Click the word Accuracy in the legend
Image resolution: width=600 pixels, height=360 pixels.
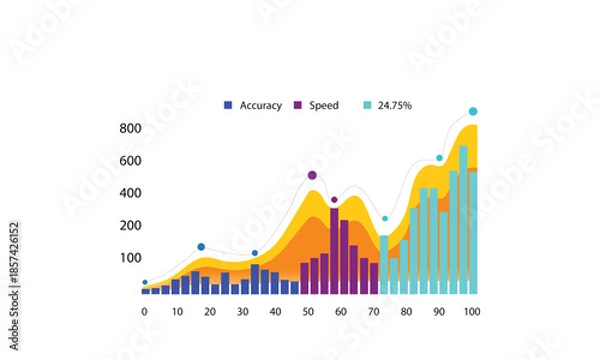(x=260, y=104)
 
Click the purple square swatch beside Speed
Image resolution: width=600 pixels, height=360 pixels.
(x=297, y=104)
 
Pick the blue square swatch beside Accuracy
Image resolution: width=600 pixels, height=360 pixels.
(x=228, y=104)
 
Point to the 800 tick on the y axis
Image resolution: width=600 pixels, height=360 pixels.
(x=130, y=128)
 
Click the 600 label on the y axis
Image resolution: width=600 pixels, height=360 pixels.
(x=130, y=160)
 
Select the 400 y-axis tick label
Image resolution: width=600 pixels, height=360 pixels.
(x=130, y=193)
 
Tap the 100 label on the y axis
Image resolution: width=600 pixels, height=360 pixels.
(x=130, y=258)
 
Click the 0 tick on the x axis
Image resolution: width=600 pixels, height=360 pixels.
(x=144, y=312)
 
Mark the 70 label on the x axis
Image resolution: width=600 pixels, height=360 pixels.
(x=373, y=312)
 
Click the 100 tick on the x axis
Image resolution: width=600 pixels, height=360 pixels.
(x=471, y=312)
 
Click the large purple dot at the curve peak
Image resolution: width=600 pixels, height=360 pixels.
(x=312, y=175)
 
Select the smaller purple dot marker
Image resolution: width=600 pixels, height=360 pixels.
(x=334, y=200)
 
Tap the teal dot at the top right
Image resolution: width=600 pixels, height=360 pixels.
(x=473, y=111)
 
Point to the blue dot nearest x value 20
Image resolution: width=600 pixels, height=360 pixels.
(x=201, y=247)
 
